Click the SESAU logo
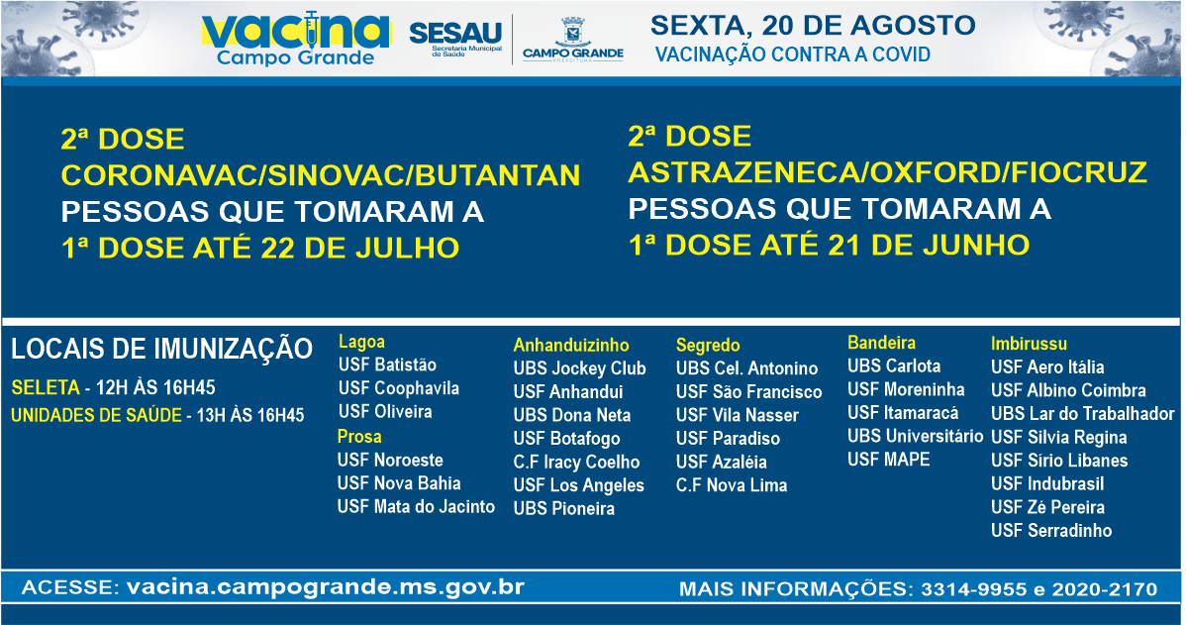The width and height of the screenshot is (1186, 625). (x=455, y=37)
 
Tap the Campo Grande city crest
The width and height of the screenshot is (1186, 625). (x=572, y=32)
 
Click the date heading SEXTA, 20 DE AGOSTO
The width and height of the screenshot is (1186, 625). (x=813, y=25)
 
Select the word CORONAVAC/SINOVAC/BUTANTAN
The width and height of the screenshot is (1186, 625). (x=321, y=175)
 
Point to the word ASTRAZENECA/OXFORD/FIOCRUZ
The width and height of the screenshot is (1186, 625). (x=887, y=172)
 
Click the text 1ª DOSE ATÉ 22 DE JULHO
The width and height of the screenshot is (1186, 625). (x=260, y=249)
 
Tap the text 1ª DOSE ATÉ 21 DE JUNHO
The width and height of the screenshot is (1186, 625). (x=829, y=246)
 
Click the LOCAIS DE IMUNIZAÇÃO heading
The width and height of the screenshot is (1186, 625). (x=162, y=349)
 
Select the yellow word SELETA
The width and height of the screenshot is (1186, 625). (x=46, y=388)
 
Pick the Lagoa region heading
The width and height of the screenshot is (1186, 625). (x=361, y=342)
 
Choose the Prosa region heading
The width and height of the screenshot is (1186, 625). (x=359, y=437)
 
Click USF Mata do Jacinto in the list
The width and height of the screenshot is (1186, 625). (x=416, y=507)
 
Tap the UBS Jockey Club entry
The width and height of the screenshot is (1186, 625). (x=579, y=368)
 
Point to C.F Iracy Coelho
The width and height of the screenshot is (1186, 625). (x=576, y=463)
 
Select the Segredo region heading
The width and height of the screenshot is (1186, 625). (x=708, y=346)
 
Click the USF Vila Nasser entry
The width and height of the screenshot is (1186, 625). (x=738, y=415)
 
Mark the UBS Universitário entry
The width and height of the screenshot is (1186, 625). (x=915, y=436)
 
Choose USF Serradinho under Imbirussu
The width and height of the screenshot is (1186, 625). (x=1051, y=531)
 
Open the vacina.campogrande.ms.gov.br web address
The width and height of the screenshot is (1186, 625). (x=326, y=587)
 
